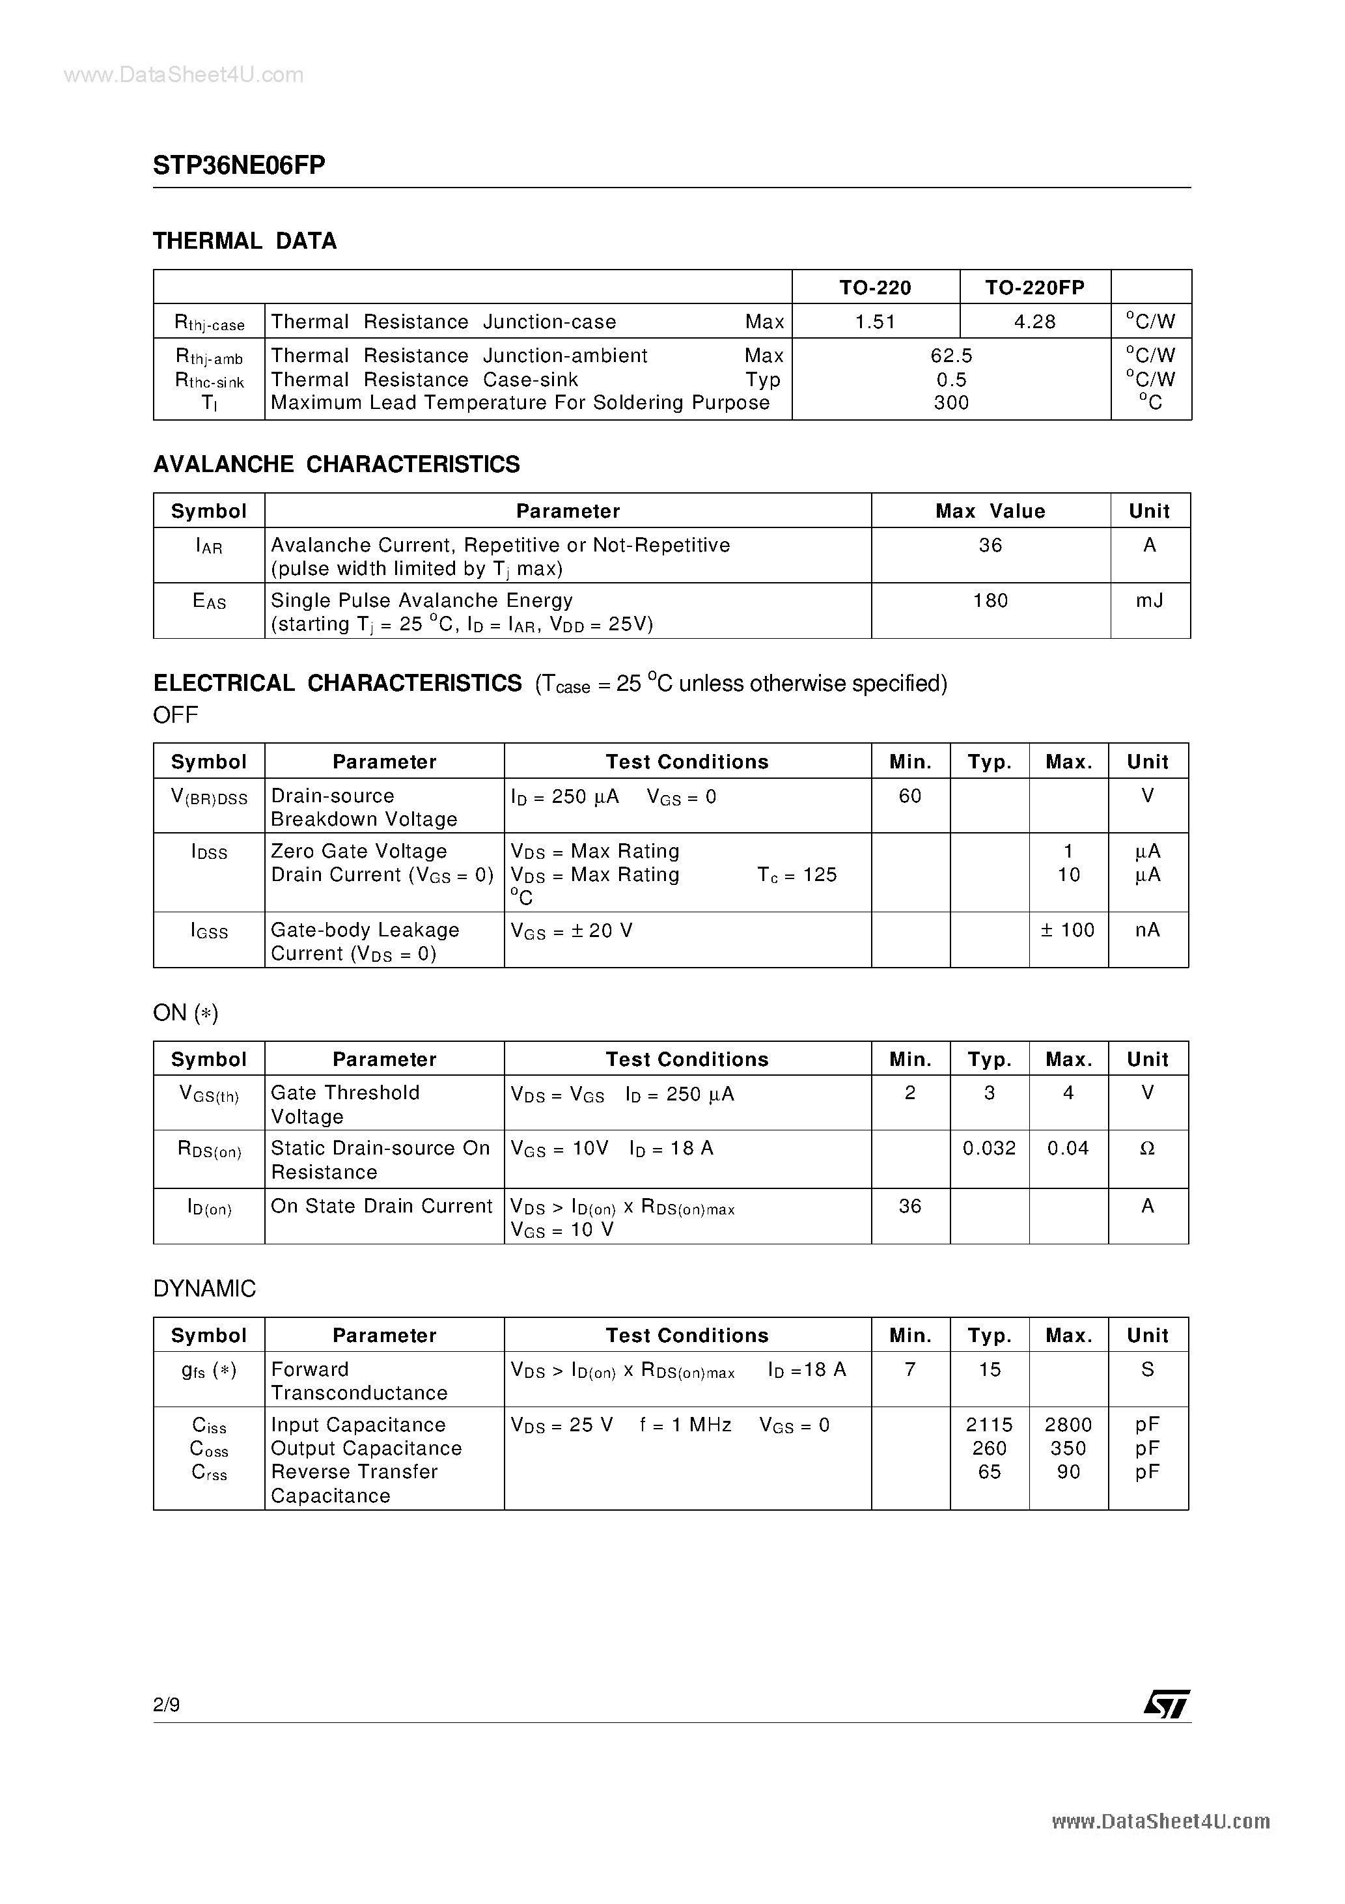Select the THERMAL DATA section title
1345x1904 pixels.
[245, 242]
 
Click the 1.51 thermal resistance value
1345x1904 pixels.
[875, 322]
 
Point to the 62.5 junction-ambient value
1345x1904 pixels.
[950, 356]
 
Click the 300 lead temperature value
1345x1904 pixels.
[950, 403]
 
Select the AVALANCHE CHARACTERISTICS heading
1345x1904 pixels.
[337, 464]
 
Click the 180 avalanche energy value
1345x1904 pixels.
[990, 600]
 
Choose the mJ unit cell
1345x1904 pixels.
[1149, 600]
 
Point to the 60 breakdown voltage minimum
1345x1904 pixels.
[909, 796]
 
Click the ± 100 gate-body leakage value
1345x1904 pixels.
[1068, 931]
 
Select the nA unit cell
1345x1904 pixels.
[1148, 931]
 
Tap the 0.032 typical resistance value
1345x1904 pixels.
[990, 1149]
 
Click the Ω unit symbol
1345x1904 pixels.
[1148, 1149]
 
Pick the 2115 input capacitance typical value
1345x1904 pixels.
[990, 1425]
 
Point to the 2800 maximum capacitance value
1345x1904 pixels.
[1068, 1425]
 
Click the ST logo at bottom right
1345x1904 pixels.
[1167, 1703]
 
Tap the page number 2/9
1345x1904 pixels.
[167, 1704]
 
